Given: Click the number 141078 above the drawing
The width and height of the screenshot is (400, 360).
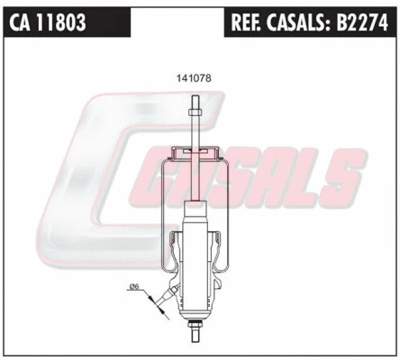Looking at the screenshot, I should pyautogui.click(x=192, y=77).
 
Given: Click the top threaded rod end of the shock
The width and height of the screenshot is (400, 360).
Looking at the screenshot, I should pyautogui.click(x=192, y=101).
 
